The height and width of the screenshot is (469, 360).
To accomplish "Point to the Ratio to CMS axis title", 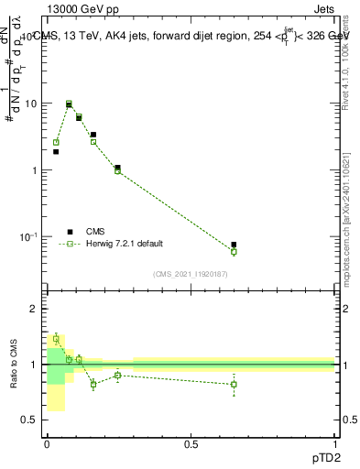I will (15, 364).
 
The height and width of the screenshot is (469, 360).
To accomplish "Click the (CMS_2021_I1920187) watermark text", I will (190, 273).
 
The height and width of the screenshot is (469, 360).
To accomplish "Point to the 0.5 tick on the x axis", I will (190, 442).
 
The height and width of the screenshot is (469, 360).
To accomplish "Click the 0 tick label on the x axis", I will (47, 442).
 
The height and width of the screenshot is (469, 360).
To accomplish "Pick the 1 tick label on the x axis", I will (333, 442).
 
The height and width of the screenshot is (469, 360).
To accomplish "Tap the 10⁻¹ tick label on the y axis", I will (30, 237).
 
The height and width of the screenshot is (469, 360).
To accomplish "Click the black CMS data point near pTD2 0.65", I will (234, 245).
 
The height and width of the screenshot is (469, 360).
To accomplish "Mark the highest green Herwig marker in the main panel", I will (69, 104).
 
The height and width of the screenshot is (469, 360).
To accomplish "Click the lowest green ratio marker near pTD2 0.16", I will (93, 384).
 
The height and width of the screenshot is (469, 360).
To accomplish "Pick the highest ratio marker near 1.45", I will (56, 339).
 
